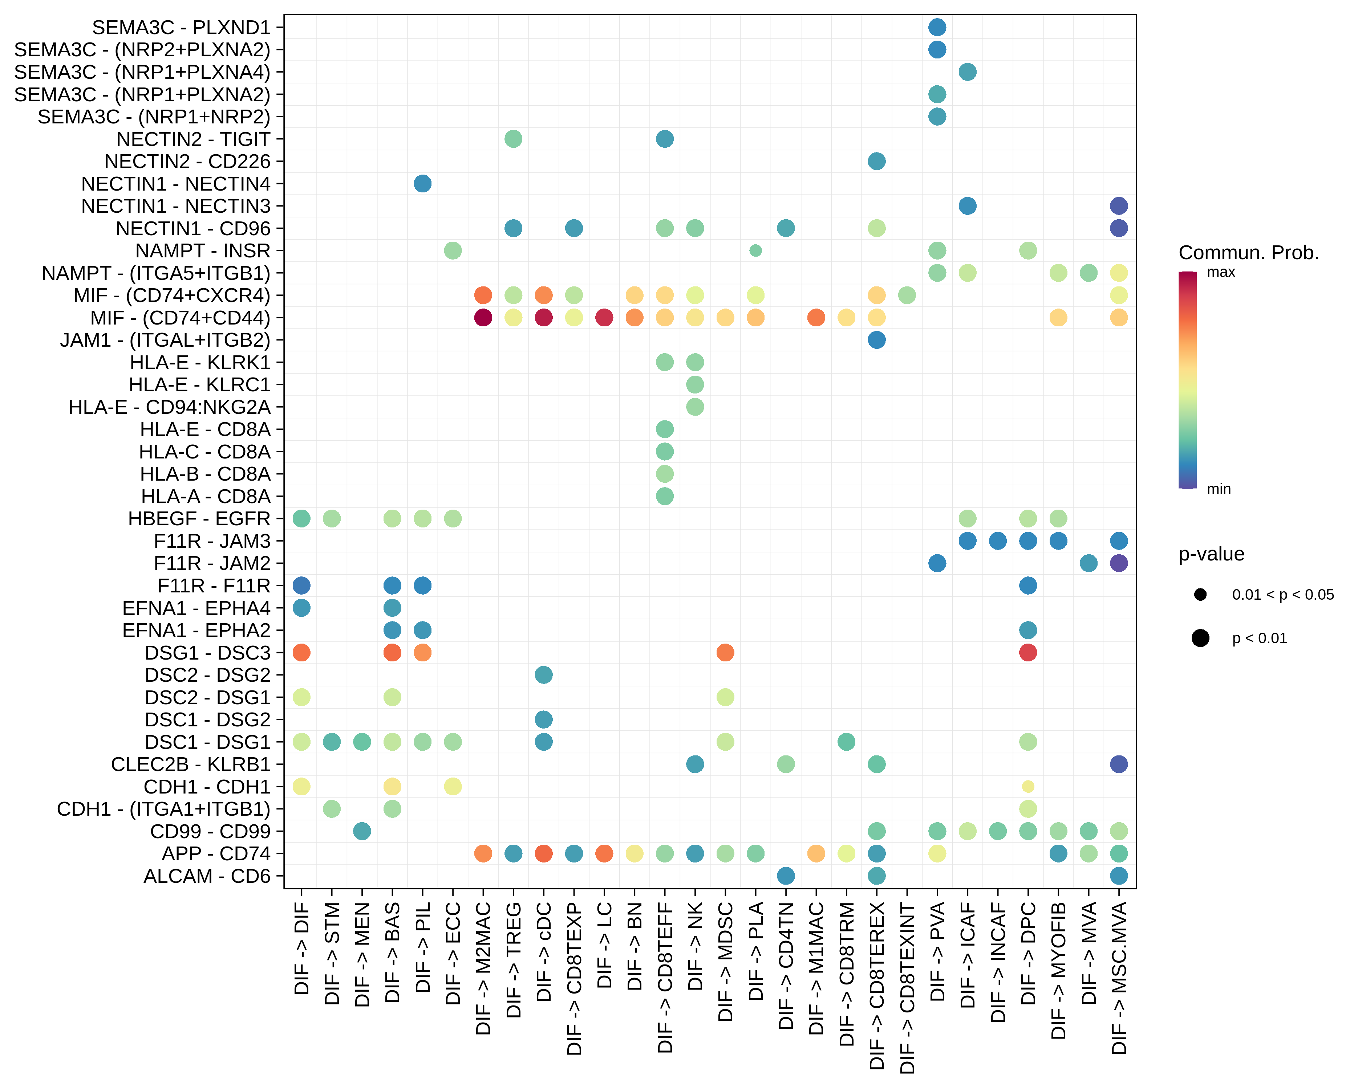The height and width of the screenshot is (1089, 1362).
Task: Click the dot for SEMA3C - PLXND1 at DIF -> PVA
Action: click(x=937, y=27)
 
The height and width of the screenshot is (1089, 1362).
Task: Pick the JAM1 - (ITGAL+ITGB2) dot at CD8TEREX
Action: click(x=876, y=340)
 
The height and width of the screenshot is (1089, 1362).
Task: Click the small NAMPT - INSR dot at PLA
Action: click(x=755, y=250)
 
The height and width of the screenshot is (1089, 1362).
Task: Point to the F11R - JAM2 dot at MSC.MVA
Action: click(x=1118, y=563)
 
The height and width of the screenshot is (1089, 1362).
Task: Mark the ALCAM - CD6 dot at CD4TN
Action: click(x=785, y=876)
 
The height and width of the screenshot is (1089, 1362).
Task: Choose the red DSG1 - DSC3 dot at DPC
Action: click(x=1028, y=652)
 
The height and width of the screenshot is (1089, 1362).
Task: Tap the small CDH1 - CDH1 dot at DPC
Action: click(x=1028, y=787)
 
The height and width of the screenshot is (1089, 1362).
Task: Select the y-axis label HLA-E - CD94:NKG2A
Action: click(x=169, y=407)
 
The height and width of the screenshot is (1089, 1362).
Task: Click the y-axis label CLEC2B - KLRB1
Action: click(x=190, y=764)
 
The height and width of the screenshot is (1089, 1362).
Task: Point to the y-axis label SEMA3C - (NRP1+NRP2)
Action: click(x=154, y=117)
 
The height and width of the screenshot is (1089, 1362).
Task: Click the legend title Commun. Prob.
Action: click(x=1248, y=253)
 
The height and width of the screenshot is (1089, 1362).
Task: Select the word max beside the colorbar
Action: click(x=1220, y=272)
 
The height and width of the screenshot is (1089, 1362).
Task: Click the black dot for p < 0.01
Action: click(x=1200, y=638)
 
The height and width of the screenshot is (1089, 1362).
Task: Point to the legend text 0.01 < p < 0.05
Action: click(x=1282, y=595)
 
